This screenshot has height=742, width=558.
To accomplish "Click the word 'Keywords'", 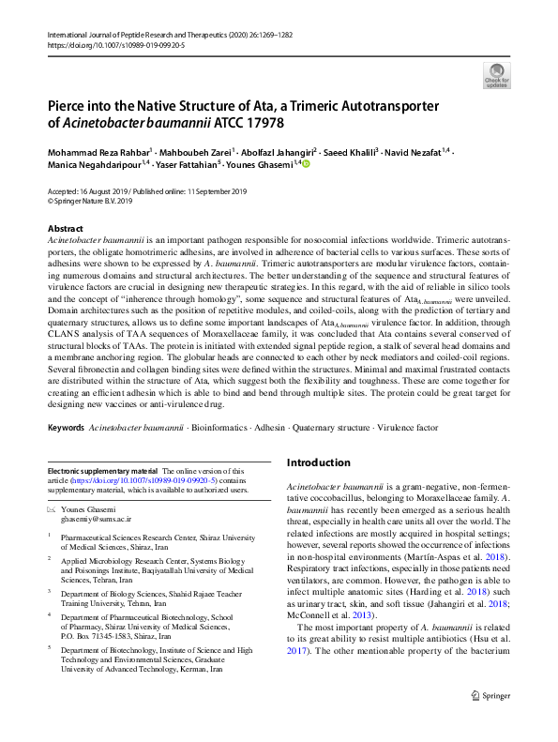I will (x=66, y=427).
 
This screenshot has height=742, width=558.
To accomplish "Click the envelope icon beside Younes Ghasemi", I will (x=52, y=507).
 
